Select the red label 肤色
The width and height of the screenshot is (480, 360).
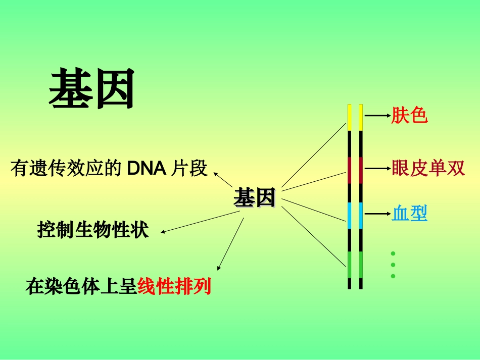[409, 116]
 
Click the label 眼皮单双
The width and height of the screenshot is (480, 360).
[428, 168]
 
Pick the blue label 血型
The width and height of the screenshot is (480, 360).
[409, 214]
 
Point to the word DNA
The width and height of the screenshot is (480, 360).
[147, 169]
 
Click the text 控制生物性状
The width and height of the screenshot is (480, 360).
[93, 230]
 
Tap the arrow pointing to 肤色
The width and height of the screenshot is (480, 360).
[376, 116]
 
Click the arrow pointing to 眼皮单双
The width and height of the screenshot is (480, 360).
[376, 168]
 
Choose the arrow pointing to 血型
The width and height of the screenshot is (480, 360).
[376, 214]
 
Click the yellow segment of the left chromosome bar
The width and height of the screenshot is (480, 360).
[349, 117]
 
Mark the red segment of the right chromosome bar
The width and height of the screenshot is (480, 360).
[361, 170]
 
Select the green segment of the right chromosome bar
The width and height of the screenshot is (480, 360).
[361, 264]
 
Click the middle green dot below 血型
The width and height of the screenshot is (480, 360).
[393, 265]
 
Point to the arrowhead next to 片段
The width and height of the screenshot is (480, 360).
[216, 174]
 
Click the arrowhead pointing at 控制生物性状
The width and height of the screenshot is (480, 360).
[163, 232]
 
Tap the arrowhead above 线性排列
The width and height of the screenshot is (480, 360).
[219, 268]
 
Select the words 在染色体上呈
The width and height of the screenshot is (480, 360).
[81, 287]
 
